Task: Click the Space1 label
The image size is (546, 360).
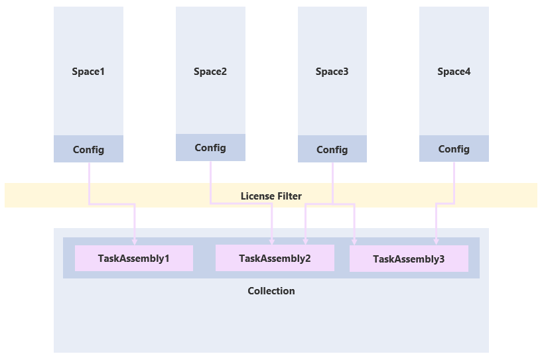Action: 88,72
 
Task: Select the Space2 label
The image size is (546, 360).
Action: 210,72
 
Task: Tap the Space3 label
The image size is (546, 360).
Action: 332,72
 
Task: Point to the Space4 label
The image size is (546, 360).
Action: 454,72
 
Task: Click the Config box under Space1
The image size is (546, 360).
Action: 88,149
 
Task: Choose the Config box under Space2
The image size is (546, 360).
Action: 210,148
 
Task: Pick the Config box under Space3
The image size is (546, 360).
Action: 332,149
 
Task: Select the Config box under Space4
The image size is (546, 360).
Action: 454,149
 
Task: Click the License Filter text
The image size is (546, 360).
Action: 271,196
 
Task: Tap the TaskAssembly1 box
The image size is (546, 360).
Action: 133,259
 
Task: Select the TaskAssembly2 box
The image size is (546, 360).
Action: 275,258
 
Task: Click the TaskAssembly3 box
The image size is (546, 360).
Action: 409,259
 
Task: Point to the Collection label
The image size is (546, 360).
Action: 271,291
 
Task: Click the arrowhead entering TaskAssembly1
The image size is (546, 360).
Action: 135,242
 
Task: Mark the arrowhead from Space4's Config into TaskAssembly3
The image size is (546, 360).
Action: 436,242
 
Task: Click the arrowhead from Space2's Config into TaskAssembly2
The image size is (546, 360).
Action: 272,241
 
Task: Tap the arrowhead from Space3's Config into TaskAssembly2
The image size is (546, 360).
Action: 305,241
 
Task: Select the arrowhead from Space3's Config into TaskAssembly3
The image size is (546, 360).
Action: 354,242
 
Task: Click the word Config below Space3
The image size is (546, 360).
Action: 332,150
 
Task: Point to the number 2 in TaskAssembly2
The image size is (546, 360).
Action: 307,259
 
